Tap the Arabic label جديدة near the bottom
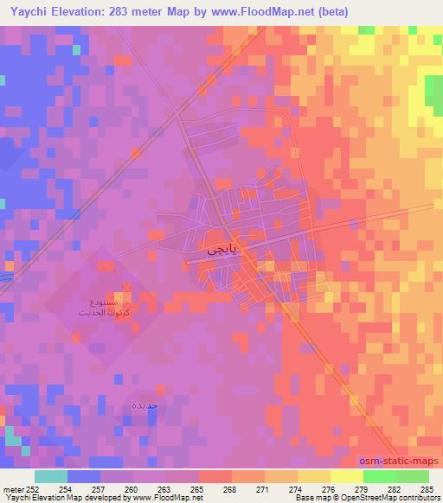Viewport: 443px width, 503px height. pos(144,404)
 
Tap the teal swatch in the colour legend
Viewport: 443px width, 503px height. pos(50,475)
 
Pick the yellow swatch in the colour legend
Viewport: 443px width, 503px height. pos(347,475)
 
